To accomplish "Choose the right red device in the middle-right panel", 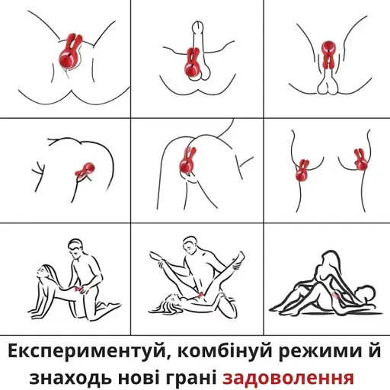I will tap(357, 161).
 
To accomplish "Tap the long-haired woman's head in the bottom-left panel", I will tap(43, 268).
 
